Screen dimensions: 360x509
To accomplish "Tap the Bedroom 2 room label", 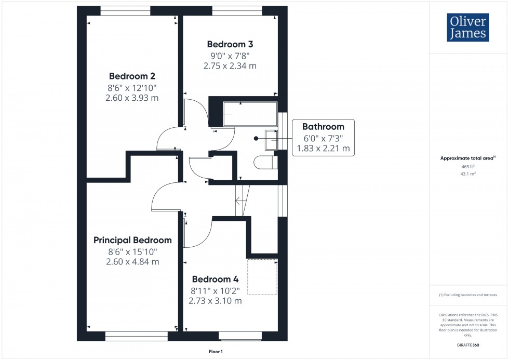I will click(132, 75).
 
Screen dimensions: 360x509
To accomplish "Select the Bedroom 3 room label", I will click(230, 44).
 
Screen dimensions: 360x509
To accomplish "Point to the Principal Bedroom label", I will click(132, 240).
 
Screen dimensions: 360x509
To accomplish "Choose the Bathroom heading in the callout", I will click(323, 126).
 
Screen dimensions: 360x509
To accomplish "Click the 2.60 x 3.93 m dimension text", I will click(132, 98).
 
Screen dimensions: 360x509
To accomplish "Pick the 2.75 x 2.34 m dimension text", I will click(230, 66).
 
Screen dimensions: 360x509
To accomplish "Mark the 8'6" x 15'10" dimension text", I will click(132, 251).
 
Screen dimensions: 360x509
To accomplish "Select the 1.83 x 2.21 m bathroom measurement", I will click(323, 149).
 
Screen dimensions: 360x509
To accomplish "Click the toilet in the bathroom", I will click(266, 163).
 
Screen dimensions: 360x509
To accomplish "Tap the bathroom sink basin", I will click(272, 139).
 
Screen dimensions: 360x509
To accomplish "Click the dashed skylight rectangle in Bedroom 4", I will click(263, 276).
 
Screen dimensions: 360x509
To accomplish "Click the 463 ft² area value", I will click(468, 166).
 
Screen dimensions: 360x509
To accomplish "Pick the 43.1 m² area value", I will click(468, 174).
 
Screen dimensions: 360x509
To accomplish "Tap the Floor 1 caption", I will click(215, 352).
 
